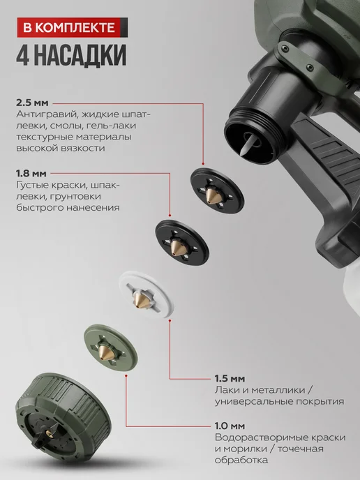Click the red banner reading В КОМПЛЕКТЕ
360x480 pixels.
[x=73, y=27]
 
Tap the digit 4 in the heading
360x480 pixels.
[x=23, y=55]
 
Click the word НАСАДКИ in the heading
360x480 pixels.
[x=80, y=55]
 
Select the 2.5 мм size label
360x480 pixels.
[x=32, y=103]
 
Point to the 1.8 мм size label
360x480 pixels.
[x=31, y=174]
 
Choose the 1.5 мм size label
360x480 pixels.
[x=230, y=379]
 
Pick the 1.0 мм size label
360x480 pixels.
[x=230, y=426]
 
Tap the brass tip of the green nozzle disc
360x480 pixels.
[x=105, y=352]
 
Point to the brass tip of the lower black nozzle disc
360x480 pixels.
[x=177, y=247]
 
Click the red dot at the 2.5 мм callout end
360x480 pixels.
[x=203, y=164]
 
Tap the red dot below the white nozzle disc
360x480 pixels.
[x=170, y=320]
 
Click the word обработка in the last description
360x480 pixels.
[x=241, y=460]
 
